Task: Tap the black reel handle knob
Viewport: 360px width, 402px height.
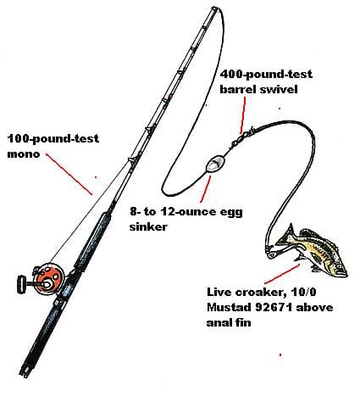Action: (x=20, y=284)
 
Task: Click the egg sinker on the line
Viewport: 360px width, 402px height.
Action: (x=215, y=164)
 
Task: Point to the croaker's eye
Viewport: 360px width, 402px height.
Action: (x=338, y=265)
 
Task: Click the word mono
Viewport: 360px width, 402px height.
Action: (x=24, y=154)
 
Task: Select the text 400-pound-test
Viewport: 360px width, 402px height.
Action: (x=266, y=75)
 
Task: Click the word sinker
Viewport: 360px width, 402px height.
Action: (x=148, y=226)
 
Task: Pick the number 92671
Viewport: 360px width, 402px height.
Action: (x=273, y=307)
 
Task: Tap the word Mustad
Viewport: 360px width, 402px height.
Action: (x=229, y=307)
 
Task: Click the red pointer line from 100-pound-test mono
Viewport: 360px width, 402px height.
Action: (x=69, y=174)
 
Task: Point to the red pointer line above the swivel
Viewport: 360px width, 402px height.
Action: (x=243, y=114)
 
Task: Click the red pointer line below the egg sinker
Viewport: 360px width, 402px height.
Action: (x=206, y=189)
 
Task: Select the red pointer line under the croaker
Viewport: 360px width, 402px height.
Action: (x=282, y=274)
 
